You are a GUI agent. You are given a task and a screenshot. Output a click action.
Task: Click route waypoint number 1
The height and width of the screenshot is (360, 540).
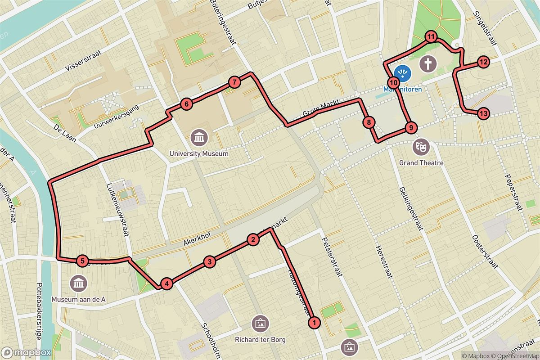[x=314, y=322]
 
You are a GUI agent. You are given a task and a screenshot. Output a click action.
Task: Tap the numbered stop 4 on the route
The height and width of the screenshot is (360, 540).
[x=166, y=284]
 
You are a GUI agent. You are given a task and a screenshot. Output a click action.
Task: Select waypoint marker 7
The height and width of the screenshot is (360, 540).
[x=234, y=82]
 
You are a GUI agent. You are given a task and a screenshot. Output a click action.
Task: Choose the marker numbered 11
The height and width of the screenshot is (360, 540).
[x=431, y=37]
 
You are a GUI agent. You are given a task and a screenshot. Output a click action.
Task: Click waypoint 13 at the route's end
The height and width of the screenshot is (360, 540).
[x=483, y=113]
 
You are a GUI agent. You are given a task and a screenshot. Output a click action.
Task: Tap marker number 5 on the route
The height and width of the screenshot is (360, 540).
[x=82, y=261]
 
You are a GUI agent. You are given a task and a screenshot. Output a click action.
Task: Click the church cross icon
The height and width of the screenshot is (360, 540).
[x=427, y=63]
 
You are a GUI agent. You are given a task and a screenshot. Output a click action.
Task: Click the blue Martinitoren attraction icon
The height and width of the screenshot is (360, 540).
[x=402, y=72]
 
